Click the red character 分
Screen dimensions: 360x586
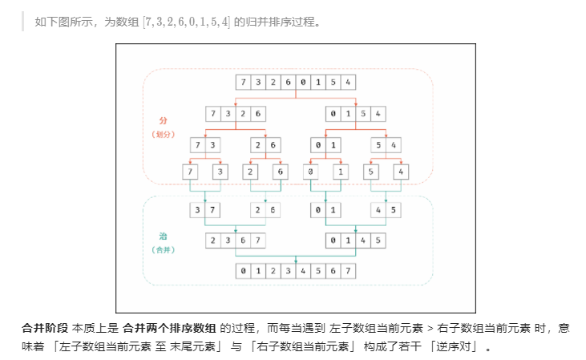click(x=164, y=120)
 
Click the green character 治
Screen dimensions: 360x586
click(x=164, y=237)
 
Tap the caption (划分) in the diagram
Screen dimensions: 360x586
click(x=164, y=134)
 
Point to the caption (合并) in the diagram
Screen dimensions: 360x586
click(x=164, y=250)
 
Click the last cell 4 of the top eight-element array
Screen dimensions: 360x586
click(x=347, y=82)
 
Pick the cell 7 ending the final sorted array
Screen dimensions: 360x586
click(x=348, y=270)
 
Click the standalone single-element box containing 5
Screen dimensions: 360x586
click(x=370, y=172)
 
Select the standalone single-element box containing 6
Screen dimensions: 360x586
click(x=279, y=172)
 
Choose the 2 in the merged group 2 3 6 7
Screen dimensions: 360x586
click(x=213, y=241)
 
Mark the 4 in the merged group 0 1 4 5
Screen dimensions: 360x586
click(x=362, y=241)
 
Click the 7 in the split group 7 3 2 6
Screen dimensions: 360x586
click(x=213, y=113)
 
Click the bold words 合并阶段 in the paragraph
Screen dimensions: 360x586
click(x=45, y=328)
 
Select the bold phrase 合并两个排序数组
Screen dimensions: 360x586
click(x=169, y=328)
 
